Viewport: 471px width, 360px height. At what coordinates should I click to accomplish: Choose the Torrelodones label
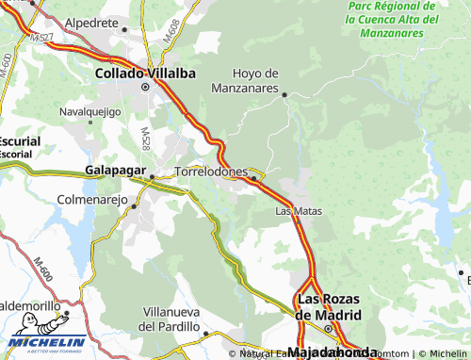[212, 172]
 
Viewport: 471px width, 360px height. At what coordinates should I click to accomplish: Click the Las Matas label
[299, 211]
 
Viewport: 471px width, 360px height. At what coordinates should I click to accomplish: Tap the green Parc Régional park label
[393, 19]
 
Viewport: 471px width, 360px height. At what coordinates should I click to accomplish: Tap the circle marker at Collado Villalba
[145, 87]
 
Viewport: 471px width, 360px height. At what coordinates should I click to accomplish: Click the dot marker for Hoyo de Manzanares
[284, 94]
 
